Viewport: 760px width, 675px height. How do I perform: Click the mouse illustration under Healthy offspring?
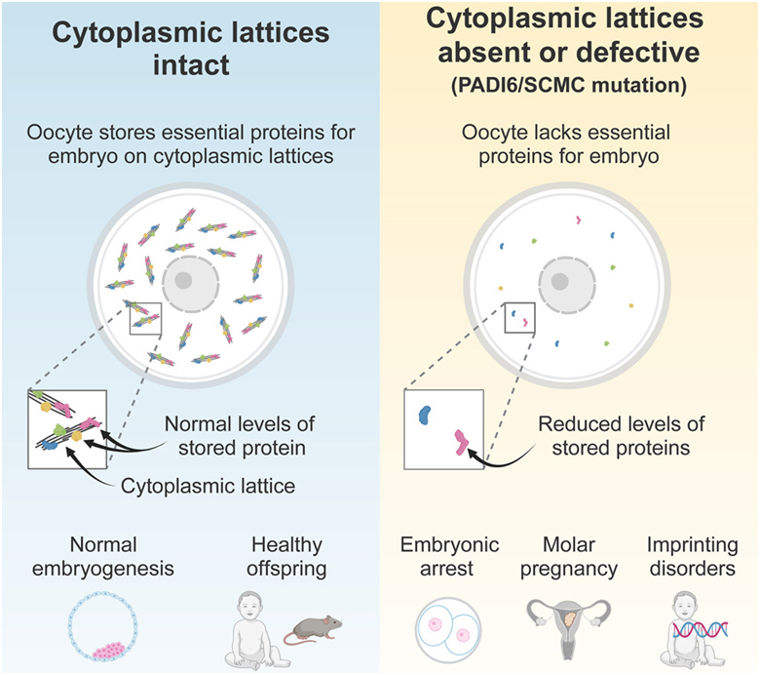(313, 630)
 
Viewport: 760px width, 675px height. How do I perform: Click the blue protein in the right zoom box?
(425, 414)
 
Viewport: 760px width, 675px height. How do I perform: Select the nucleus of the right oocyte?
(558, 284)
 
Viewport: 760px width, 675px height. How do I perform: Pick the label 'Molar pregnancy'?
(569, 556)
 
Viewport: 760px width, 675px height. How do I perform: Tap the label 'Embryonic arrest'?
(451, 556)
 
